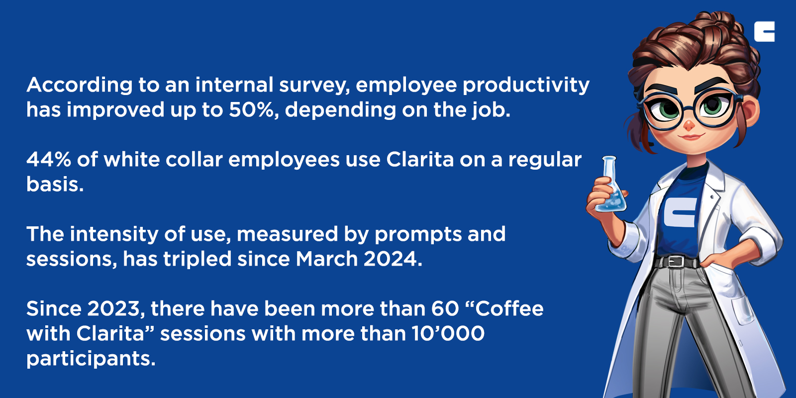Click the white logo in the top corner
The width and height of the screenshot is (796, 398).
(764, 31)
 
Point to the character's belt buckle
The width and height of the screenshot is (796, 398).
(676, 262)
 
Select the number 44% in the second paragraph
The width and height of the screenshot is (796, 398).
(48, 160)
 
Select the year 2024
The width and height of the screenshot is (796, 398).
(393, 259)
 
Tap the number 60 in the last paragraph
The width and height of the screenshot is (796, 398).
(445, 309)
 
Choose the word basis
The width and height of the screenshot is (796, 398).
(55, 185)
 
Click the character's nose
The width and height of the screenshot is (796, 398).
(689, 124)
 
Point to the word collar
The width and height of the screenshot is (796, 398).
(194, 160)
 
